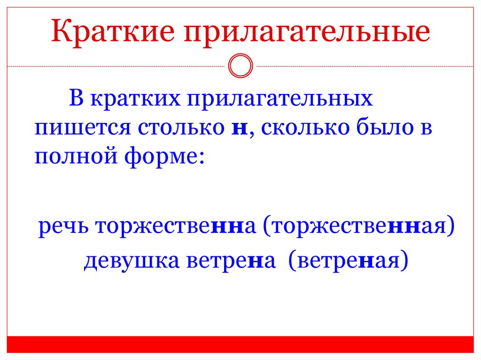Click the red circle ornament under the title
[x=240, y=66]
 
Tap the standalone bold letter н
[x=240, y=129]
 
